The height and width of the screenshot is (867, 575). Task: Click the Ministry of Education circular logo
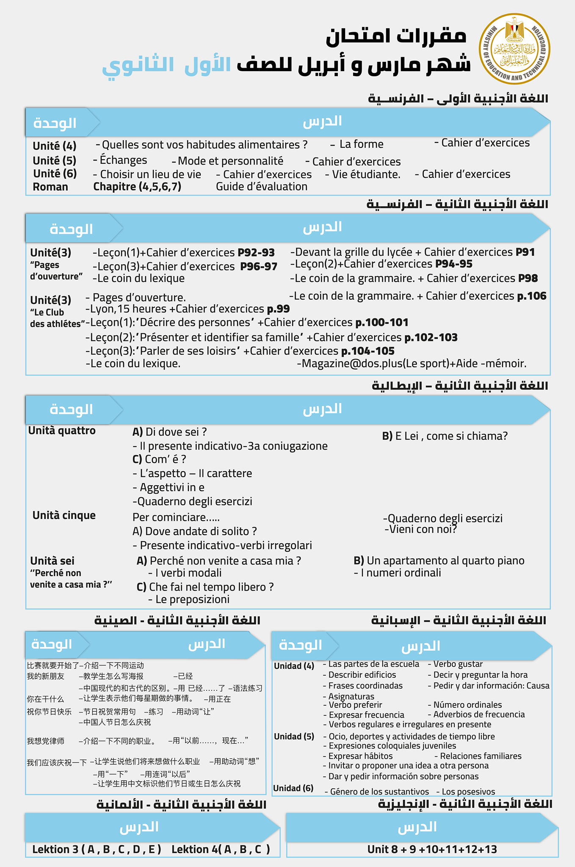pyautogui.click(x=514, y=49)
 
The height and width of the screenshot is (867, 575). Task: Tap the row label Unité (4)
pyautogui.click(x=55, y=146)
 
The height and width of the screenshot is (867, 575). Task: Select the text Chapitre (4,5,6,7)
pyautogui.click(x=137, y=187)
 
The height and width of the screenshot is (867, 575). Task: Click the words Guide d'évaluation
pyautogui.click(x=262, y=187)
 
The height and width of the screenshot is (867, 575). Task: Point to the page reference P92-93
pyautogui.click(x=256, y=253)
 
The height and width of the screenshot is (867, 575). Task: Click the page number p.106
pyautogui.click(x=531, y=296)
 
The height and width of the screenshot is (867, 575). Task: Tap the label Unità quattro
pyautogui.click(x=62, y=431)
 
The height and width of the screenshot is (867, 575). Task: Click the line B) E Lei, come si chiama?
pyautogui.click(x=445, y=436)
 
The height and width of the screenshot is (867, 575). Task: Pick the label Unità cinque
pyautogui.click(x=64, y=515)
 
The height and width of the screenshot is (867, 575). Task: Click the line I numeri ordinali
pyautogui.click(x=398, y=573)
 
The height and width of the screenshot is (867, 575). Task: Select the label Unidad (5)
pyautogui.click(x=294, y=736)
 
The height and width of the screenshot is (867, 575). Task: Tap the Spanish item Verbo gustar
pyautogui.click(x=455, y=664)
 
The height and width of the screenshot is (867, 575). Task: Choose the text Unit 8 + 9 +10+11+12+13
pyautogui.click(x=432, y=849)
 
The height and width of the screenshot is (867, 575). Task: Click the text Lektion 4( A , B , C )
pyautogui.click(x=221, y=849)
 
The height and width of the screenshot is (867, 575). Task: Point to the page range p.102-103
pyautogui.click(x=431, y=337)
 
